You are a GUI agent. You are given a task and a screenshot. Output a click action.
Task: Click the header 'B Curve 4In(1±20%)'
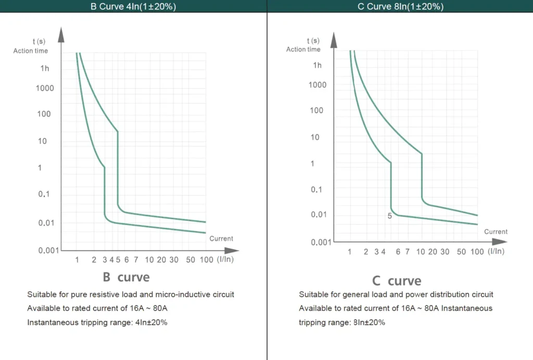point(133,6)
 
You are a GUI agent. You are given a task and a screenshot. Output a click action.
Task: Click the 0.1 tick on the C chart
point(317,189)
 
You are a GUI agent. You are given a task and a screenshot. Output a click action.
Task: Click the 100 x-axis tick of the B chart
point(206,259)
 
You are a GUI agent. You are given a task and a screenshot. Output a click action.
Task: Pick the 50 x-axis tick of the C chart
point(462,252)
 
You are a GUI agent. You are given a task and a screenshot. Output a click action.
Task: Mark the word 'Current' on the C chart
point(496,232)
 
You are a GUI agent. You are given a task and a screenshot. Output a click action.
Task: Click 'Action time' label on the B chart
point(30,51)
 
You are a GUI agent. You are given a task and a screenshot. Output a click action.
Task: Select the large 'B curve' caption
point(126,277)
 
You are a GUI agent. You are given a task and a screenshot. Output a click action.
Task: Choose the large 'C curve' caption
point(397,281)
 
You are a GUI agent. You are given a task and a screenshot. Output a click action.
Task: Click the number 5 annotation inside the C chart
point(389,215)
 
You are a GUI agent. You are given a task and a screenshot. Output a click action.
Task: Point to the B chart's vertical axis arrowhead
point(61,35)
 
